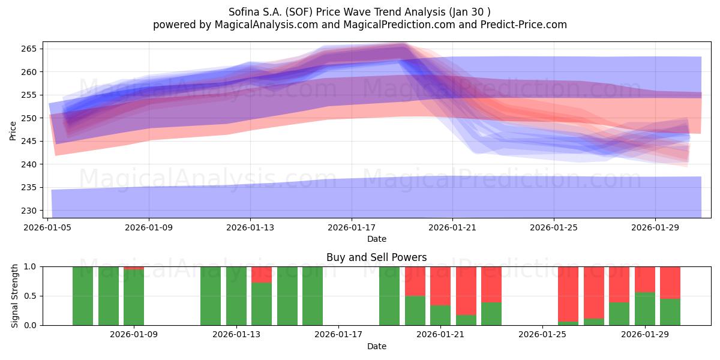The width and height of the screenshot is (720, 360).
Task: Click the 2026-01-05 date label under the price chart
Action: (48, 228)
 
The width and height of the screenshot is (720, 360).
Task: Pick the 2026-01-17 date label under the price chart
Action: (352, 228)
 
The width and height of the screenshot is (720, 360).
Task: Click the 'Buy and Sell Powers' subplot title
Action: (376, 257)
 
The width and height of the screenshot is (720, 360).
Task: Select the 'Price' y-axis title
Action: (13, 130)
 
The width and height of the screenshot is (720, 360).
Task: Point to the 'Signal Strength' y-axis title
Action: (16, 296)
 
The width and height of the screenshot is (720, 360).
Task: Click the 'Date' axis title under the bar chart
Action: (376, 346)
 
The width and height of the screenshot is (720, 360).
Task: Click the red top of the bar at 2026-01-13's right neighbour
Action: (262, 274)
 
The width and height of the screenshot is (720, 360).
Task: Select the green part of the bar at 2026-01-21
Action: (440, 315)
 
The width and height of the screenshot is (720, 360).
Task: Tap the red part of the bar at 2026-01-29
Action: (645, 279)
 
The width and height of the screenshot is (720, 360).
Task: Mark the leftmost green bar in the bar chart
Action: (83, 296)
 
